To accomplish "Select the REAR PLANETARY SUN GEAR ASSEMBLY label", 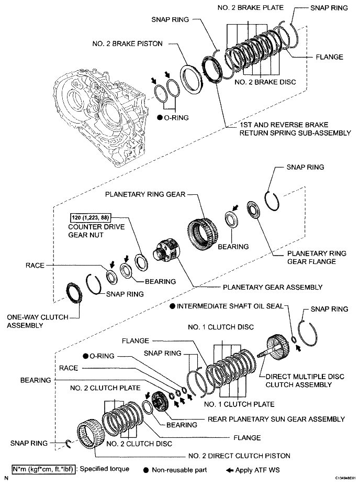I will pos(276,419).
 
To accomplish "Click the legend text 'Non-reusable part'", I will pos(181,469).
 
